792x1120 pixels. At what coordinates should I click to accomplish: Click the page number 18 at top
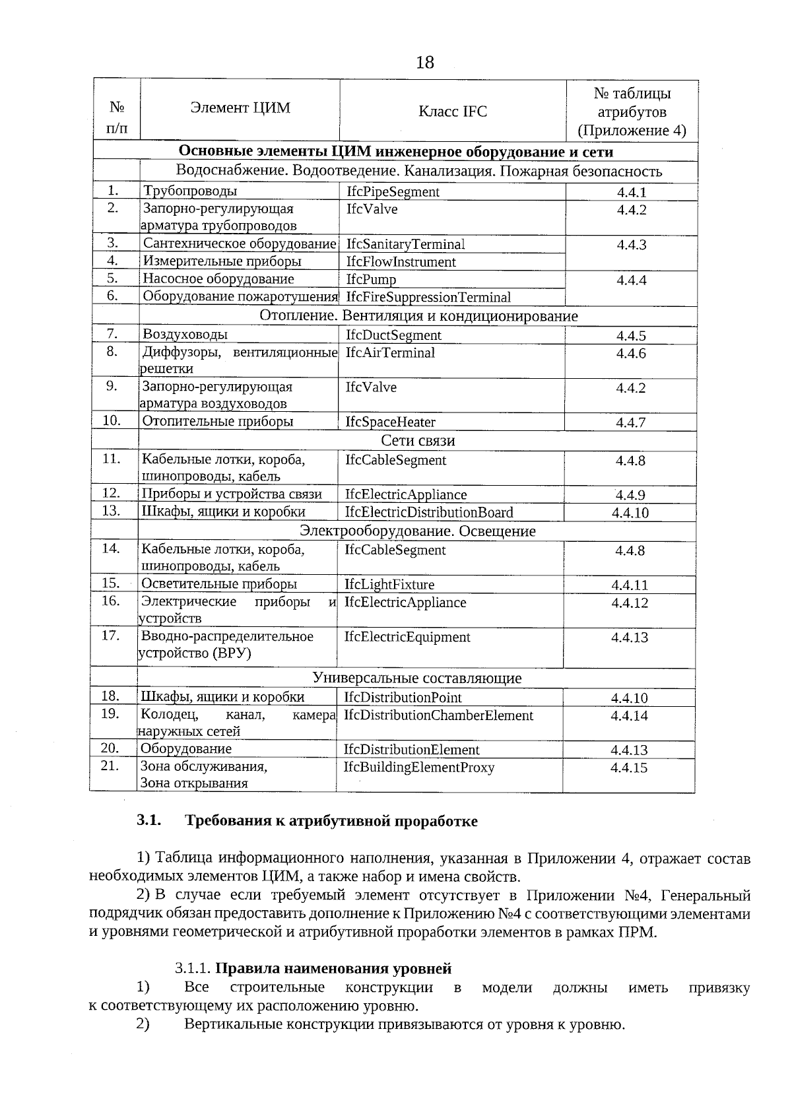[425, 63]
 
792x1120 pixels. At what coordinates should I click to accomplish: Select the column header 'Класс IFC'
[452, 112]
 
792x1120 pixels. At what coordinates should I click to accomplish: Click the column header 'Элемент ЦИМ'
[240, 108]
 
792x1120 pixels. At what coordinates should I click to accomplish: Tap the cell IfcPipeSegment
[393, 192]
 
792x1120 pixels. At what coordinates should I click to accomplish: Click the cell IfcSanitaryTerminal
[405, 244]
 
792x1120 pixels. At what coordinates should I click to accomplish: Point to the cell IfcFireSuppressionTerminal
[428, 297]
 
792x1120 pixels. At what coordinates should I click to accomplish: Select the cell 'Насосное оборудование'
[218, 279]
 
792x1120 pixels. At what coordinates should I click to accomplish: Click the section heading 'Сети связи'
[418, 440]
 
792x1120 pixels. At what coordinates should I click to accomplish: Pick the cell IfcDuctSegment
[393, 335]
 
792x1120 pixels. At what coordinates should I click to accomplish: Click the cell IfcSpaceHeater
[390, 422]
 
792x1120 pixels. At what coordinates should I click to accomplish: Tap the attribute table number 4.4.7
[630, 422]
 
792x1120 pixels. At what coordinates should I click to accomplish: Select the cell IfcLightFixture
[389, 585]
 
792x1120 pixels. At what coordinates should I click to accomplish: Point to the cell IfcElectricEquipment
[407, 637]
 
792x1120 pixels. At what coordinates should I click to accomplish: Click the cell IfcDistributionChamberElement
[438, 715]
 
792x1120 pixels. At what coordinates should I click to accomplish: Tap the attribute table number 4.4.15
[629, 768]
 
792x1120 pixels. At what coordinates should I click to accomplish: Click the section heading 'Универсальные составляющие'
[416, 678]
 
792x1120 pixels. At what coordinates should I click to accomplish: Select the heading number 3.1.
[148, 820]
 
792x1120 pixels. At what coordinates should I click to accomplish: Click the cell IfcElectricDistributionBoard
[429, 512]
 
